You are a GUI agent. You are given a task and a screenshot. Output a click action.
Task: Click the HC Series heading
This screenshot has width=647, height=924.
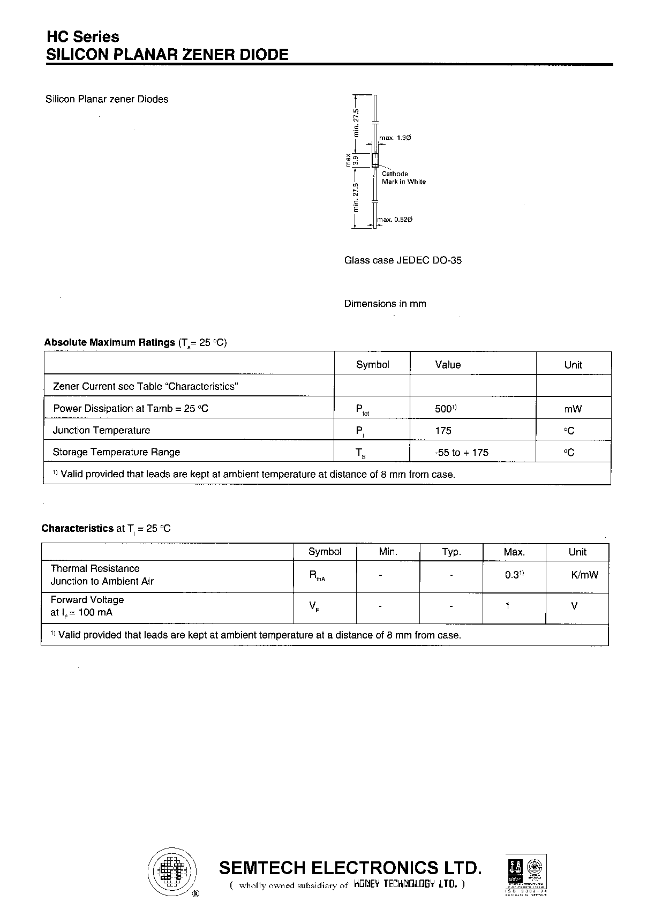tap(83, 37)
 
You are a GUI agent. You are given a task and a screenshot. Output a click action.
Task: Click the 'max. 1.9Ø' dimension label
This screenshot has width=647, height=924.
tap(395, 138)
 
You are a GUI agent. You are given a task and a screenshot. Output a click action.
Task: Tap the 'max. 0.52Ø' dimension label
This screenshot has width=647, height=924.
tap(395, 220)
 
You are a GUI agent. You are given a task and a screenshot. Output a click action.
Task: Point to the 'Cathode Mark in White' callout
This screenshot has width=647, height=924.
tap(403, 178)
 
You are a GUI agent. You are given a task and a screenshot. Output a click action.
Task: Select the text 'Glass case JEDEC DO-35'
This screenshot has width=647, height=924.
tap(403, 260)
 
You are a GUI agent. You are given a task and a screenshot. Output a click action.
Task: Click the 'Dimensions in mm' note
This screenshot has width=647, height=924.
tap(385, 304)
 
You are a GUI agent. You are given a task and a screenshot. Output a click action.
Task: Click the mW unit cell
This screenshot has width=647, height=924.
tap(573, 409)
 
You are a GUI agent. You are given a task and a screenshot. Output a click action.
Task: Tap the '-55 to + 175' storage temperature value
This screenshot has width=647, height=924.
tap(462, 453)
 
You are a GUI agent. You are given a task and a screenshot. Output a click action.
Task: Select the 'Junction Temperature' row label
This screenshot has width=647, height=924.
tap(101, 430)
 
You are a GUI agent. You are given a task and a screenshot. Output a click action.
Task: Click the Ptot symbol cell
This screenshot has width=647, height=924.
tap(363, 410)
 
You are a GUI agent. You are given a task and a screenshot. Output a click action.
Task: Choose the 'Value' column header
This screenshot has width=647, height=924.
tap(448, 365)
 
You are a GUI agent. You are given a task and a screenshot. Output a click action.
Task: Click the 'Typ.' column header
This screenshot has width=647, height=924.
tap(452, 552)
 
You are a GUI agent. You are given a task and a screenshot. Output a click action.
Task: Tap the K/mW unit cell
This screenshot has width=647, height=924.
tap(584, 575)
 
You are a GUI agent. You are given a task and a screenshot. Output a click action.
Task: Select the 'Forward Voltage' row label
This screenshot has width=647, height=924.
tap(87, 600)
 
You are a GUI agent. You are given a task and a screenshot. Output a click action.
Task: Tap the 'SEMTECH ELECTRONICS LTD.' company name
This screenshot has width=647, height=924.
tap(351, 868)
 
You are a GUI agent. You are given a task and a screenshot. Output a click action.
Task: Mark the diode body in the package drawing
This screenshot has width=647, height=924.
tap(375, 160)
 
